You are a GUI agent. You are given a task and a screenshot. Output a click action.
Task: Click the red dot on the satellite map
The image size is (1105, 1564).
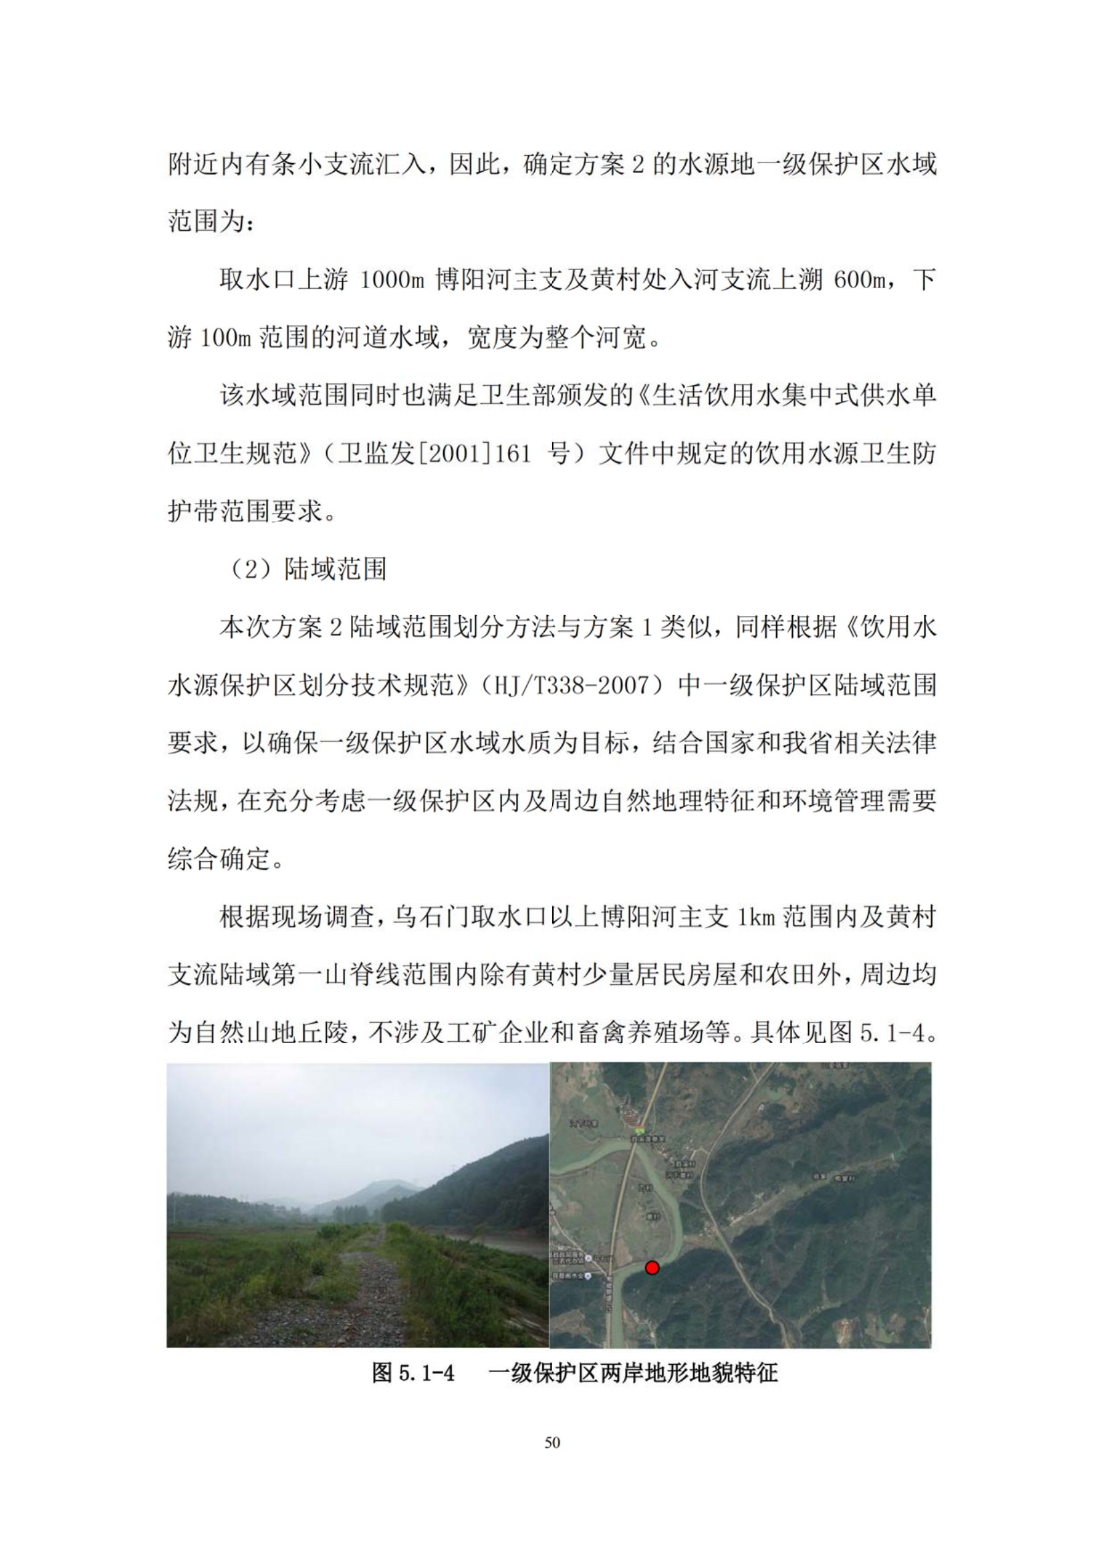click(x=652, y=1268)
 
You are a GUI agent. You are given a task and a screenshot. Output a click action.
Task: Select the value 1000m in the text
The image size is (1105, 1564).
click(x=392, y=280)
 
